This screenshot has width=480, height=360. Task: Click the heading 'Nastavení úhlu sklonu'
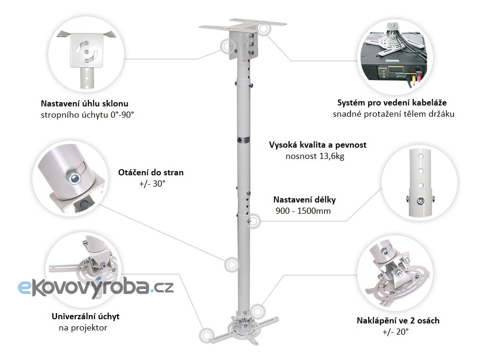(84, 104)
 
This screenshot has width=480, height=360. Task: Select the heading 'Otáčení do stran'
(151, 172)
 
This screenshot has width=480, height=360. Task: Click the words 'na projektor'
(83, 328)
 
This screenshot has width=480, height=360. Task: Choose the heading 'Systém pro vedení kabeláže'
(392, 103)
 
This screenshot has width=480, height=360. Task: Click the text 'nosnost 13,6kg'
(315, 156)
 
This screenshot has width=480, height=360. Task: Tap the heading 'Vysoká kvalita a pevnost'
(318, 145)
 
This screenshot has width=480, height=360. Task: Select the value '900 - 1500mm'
(303, 211)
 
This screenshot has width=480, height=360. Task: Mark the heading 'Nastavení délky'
(305, 200)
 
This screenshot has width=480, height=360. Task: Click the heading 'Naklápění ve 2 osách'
(398, 321)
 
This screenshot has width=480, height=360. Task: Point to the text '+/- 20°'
(396, 332)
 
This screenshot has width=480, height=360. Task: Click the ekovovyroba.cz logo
(96, 286)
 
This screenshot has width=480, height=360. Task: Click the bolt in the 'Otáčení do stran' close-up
(74, 177)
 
